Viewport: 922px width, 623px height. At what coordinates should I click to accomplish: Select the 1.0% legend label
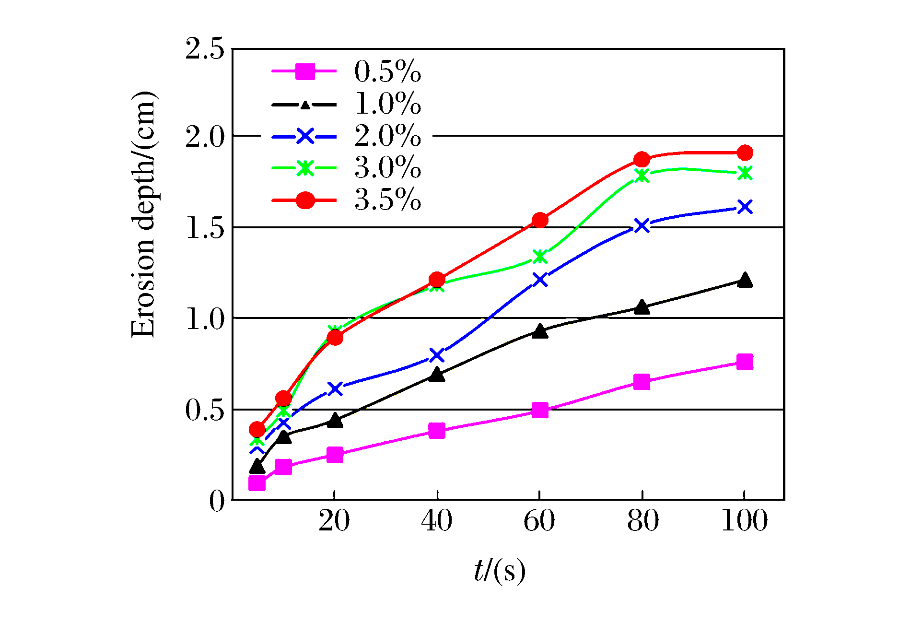tap(387, 104)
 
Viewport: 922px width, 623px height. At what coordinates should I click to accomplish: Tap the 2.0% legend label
tap(387, 136)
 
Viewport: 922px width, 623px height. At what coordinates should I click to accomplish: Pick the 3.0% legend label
tap(387, 168)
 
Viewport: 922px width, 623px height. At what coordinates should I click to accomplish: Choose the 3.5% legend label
tap(387, 200)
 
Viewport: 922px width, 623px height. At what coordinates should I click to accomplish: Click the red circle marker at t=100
tap(745, 153)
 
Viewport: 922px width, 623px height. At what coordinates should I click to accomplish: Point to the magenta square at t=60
tap(540, 410)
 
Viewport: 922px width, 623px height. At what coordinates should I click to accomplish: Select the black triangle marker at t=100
tap(745, 280)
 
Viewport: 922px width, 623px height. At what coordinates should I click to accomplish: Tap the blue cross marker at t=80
tap(642, 225)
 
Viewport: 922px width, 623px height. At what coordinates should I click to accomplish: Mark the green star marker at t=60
tap(540, 257)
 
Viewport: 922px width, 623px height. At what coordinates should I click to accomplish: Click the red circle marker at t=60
tap(540, 220)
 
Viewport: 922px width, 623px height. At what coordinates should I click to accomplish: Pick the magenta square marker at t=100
tap(745, 362)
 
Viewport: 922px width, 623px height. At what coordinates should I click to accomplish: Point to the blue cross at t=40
tap(437, 355)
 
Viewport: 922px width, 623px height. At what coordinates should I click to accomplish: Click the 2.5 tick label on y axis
tap(205, 49)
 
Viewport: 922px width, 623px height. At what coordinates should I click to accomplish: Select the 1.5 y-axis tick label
tap(205, 227)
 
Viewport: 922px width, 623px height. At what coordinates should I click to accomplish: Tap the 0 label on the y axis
tap(217, 501)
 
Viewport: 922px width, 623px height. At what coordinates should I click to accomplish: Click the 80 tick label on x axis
tap(642, 521)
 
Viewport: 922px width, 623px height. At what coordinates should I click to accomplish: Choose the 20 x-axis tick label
tap(334, 521)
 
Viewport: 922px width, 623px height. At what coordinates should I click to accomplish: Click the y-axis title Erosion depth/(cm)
tap(143, 214)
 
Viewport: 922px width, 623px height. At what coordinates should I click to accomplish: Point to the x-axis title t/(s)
tap(500, 571)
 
